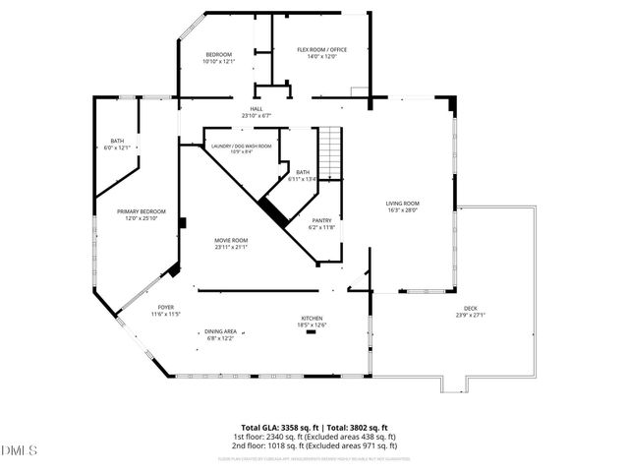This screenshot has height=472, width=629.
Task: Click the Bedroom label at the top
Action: tap(218, 54)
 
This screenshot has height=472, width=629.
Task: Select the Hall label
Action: tap(256, 109)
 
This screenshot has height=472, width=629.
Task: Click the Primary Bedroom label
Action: tap(142, 211)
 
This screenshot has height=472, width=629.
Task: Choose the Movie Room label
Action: tap(232, 240)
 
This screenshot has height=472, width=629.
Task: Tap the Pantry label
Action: tap(322, 220)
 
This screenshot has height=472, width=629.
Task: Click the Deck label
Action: tap(472, 309)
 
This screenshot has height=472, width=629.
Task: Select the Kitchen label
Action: tap(313, 319)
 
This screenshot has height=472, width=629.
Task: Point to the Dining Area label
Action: tap(220, 332)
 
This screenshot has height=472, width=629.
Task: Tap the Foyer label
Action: tap(163, 308)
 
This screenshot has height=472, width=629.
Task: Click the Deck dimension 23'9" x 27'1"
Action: tap(472, 316)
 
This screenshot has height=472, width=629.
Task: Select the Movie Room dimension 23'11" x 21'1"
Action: tap(232, 247)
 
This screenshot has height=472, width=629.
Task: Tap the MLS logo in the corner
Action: tap(19, 450)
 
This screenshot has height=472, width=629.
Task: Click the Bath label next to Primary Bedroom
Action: tap(118, 141)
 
